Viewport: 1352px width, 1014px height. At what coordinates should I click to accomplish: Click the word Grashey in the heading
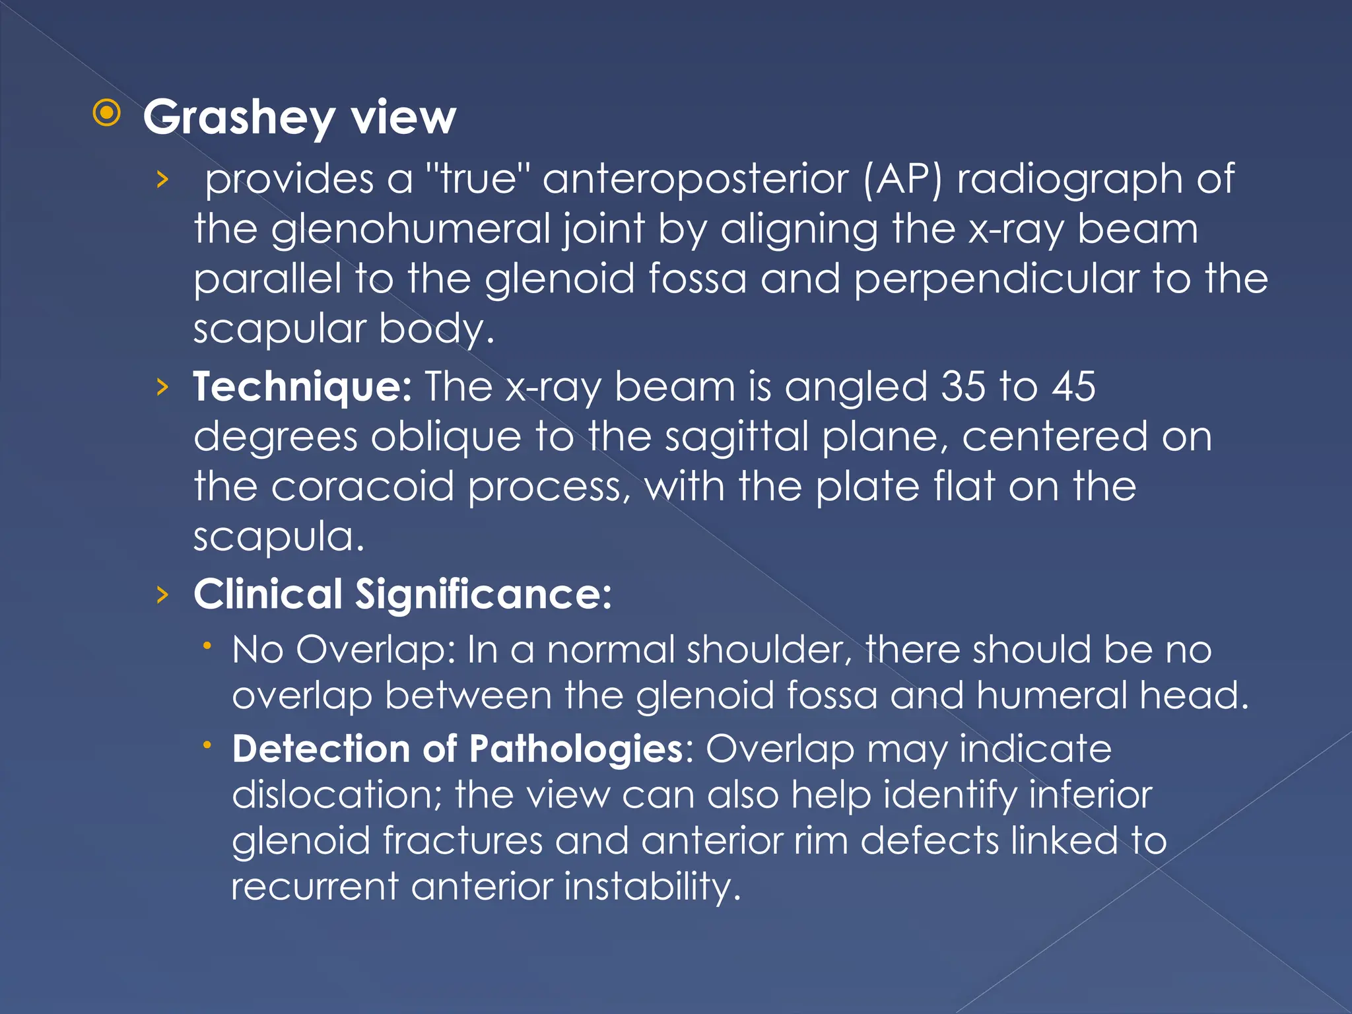[x=239, y=118]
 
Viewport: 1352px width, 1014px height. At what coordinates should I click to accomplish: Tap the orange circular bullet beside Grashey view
[x=107, y=114]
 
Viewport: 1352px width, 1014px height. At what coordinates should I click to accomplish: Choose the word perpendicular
[x=996, y=279]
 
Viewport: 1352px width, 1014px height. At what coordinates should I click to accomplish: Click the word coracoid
[x=362, y=487]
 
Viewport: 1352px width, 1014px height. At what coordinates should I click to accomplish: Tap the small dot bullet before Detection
[x=207, y=745]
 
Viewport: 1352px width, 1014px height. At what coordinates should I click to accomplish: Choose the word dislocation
[x=337, y=795]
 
